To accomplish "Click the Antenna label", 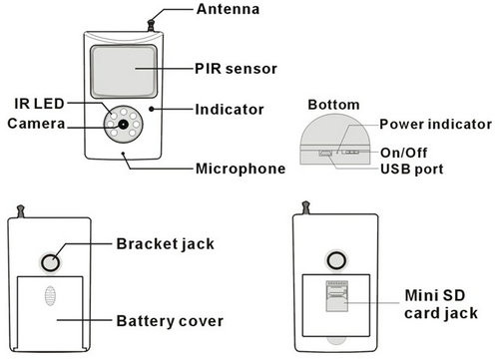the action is coord(228,9).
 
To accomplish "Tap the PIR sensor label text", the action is coord(236,69).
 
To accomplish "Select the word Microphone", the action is coord(241,169).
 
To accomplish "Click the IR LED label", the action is coord(39,104).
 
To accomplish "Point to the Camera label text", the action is coord(36,124).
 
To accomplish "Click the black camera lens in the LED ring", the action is coord(124,125).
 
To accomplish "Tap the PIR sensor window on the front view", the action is coord(124,71).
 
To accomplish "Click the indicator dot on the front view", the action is coord(152,109).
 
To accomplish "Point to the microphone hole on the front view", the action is coord(123,154).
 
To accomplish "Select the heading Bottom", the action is coord(333,105).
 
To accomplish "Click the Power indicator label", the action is coord(436,125).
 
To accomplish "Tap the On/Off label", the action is coord(403,153).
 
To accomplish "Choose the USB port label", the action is coord(412,170).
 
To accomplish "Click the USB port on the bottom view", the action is coord(325,153).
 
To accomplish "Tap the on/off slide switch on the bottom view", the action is coord(350,153).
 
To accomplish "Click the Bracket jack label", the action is coord(166,244).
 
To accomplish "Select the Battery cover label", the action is coord(170,321).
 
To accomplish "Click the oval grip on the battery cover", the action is coord(50,295).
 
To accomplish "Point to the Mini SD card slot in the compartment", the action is coord(337,296).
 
